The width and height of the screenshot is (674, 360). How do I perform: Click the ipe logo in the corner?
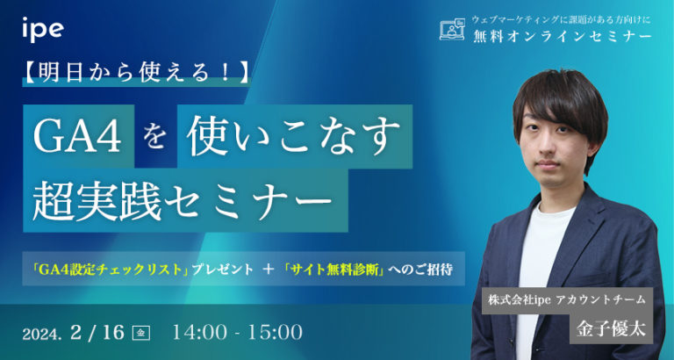(42, 29)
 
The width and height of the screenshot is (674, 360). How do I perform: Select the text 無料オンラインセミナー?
(562, 36)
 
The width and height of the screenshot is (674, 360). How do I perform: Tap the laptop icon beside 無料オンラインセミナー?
(451, 29)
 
